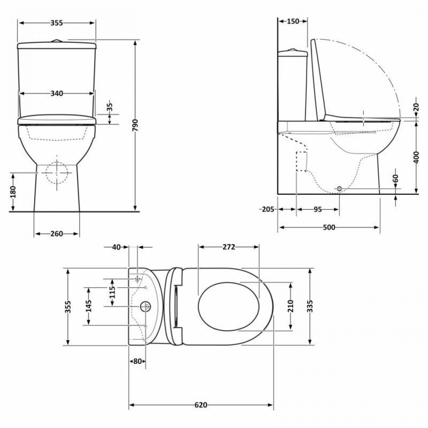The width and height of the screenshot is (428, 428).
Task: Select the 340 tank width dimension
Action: click(56, 93)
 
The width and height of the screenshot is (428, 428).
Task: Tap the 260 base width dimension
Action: click(56, 234)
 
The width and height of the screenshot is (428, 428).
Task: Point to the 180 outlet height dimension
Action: click(13, 192)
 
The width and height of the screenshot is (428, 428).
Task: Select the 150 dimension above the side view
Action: click(293, 21)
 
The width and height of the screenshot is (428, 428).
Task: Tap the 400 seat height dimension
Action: click(416, 157)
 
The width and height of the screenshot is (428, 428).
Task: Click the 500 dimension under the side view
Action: click(329, 227)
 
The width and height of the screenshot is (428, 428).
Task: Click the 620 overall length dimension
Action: click(201, 405)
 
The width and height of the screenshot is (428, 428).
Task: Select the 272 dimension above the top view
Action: click(229, 247)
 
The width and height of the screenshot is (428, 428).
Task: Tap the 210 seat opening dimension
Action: click(291, 306)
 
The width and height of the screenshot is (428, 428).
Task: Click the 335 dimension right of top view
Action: click(310, 306)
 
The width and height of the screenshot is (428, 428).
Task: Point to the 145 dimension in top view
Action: click(89, 306)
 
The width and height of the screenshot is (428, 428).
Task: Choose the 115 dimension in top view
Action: click(112, 292)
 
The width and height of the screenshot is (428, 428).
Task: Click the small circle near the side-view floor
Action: click(339, 188)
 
